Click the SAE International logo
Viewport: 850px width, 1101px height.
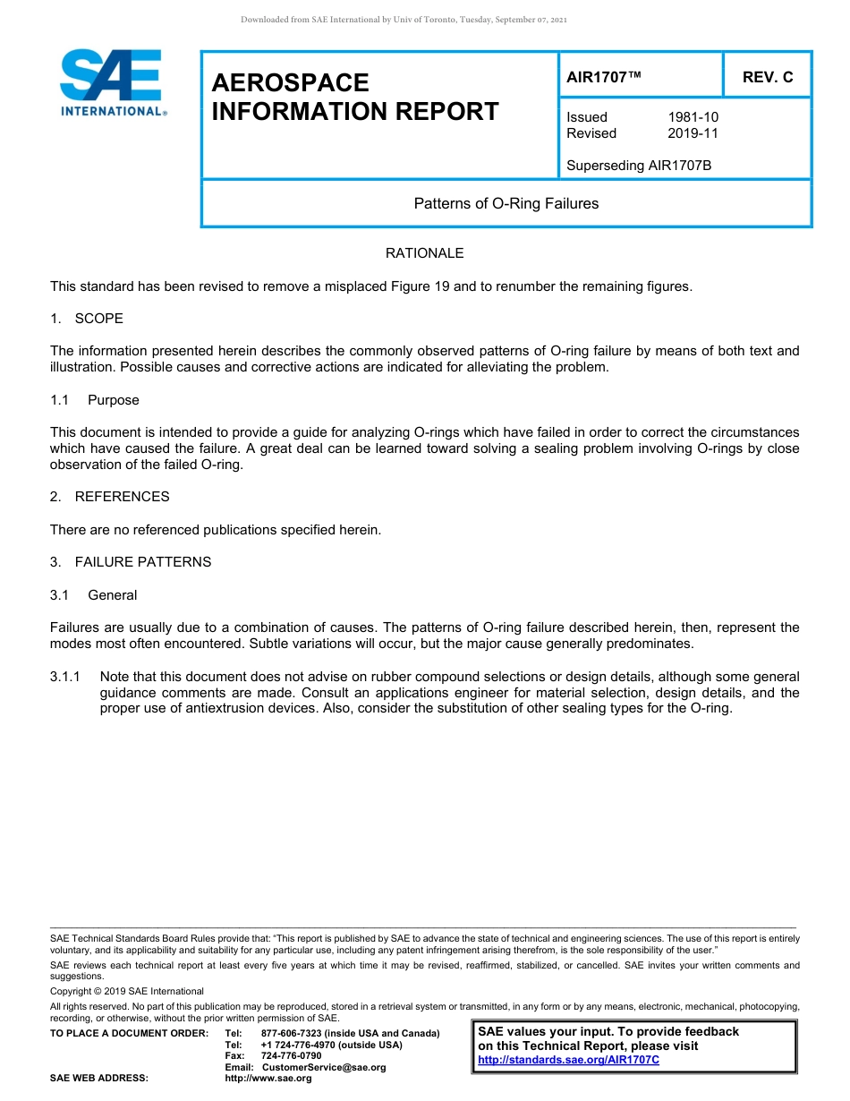[112, 82]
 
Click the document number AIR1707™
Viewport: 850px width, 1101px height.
[604, 77]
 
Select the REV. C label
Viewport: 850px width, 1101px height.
[767, 77]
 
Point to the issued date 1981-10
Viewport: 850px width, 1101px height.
[693, 117]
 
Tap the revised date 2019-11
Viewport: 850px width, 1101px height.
[693, 133]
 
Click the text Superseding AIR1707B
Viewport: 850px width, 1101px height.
[639, 165]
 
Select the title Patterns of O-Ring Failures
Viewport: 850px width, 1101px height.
[506, 203]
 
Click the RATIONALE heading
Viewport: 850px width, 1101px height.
[424, 253]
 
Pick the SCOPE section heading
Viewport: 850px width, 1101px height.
[98, 319]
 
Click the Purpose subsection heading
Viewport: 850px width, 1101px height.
[113, 400]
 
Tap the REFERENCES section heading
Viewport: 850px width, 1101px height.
[122, 497]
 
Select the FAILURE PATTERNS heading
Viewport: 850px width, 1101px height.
[142, 562]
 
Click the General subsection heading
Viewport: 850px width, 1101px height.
[112, 595]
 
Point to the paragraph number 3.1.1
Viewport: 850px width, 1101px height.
[65, 677]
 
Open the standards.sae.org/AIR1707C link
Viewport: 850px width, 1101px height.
[568, 1060]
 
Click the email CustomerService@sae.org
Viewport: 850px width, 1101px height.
[323, 1067]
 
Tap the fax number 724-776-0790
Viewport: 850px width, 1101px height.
[291, 1056]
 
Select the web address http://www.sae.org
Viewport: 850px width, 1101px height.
[268, 1079]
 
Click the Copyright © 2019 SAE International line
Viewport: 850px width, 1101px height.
[127, 991]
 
